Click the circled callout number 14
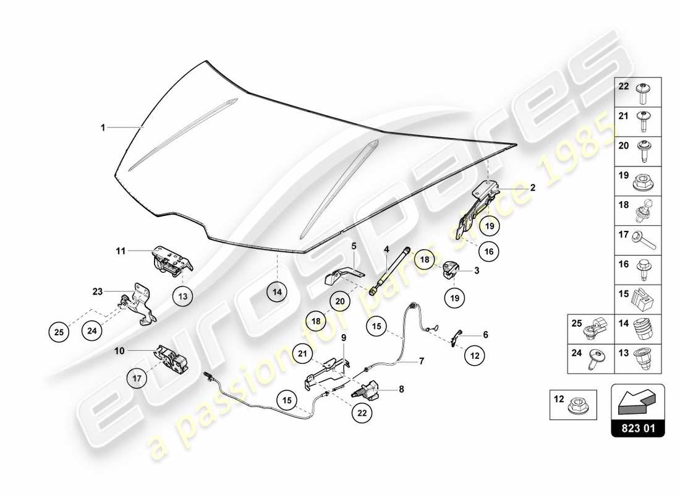pyautogui.click(x=278, y=291)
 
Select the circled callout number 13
pyautogui.click(x=182, y=296)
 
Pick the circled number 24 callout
pyautogui.click(x=91, y=331)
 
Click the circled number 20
pyautogui.click(x=339, y=301)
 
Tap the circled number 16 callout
pyautogui.click(x=488, y=252)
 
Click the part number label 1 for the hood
pyautogui.click(x=103, y=127)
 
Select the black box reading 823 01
pyautogui.click(x=637, y=427)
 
